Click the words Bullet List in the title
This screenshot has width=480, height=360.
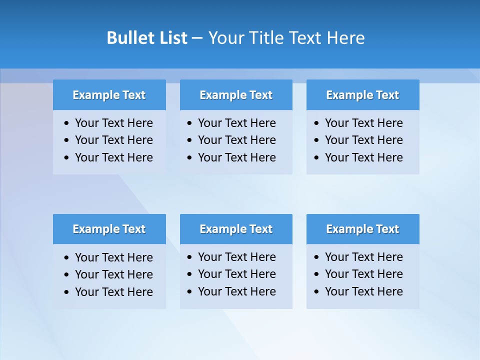point(147,38)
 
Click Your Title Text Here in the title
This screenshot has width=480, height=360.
point(286,38)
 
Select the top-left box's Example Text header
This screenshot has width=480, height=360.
point(109,95)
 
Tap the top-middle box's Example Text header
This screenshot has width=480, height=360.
point(236,95)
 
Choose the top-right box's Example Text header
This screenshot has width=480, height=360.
point(362,95)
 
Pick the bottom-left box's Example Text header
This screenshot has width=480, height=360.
point(109,229)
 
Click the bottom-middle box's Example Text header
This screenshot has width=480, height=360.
point(236,229)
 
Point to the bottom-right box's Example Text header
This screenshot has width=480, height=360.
point(362,229)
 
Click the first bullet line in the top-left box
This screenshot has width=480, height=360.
point(113,123)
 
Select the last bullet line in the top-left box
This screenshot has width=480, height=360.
point(113,157)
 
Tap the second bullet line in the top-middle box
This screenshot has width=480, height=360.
point(236,140)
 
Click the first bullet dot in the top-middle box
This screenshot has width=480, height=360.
point(190,123)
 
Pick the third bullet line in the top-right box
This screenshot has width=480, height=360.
point(363,157)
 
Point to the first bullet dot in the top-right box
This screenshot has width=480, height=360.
point(316,123)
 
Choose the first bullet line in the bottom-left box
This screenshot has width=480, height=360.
point(113,257)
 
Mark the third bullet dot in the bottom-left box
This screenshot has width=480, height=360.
point(67,292)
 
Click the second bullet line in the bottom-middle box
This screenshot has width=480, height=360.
point(236,274)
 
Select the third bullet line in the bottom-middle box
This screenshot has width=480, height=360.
point(236,291)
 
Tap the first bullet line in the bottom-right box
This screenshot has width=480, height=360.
point(363,257)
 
